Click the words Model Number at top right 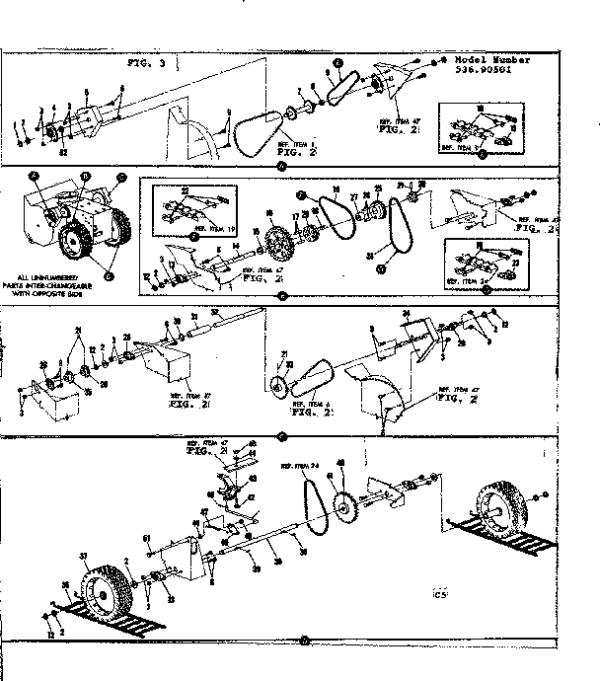(x=492, y=60)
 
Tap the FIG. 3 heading (x=148, y=62)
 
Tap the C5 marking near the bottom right (x=439, y=594)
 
